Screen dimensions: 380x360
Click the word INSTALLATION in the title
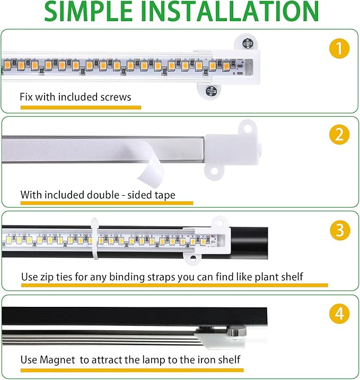tap(231, 12)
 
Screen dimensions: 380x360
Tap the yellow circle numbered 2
tap(339, 135)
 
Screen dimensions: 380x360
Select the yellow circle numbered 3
tap(339, 230)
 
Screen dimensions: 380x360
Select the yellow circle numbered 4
tap(339, 314)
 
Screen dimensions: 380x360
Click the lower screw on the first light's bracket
tap(211, 91)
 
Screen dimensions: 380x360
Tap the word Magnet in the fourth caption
tap(58, 360)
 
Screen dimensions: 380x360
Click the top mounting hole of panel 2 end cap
tap(245, 127)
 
